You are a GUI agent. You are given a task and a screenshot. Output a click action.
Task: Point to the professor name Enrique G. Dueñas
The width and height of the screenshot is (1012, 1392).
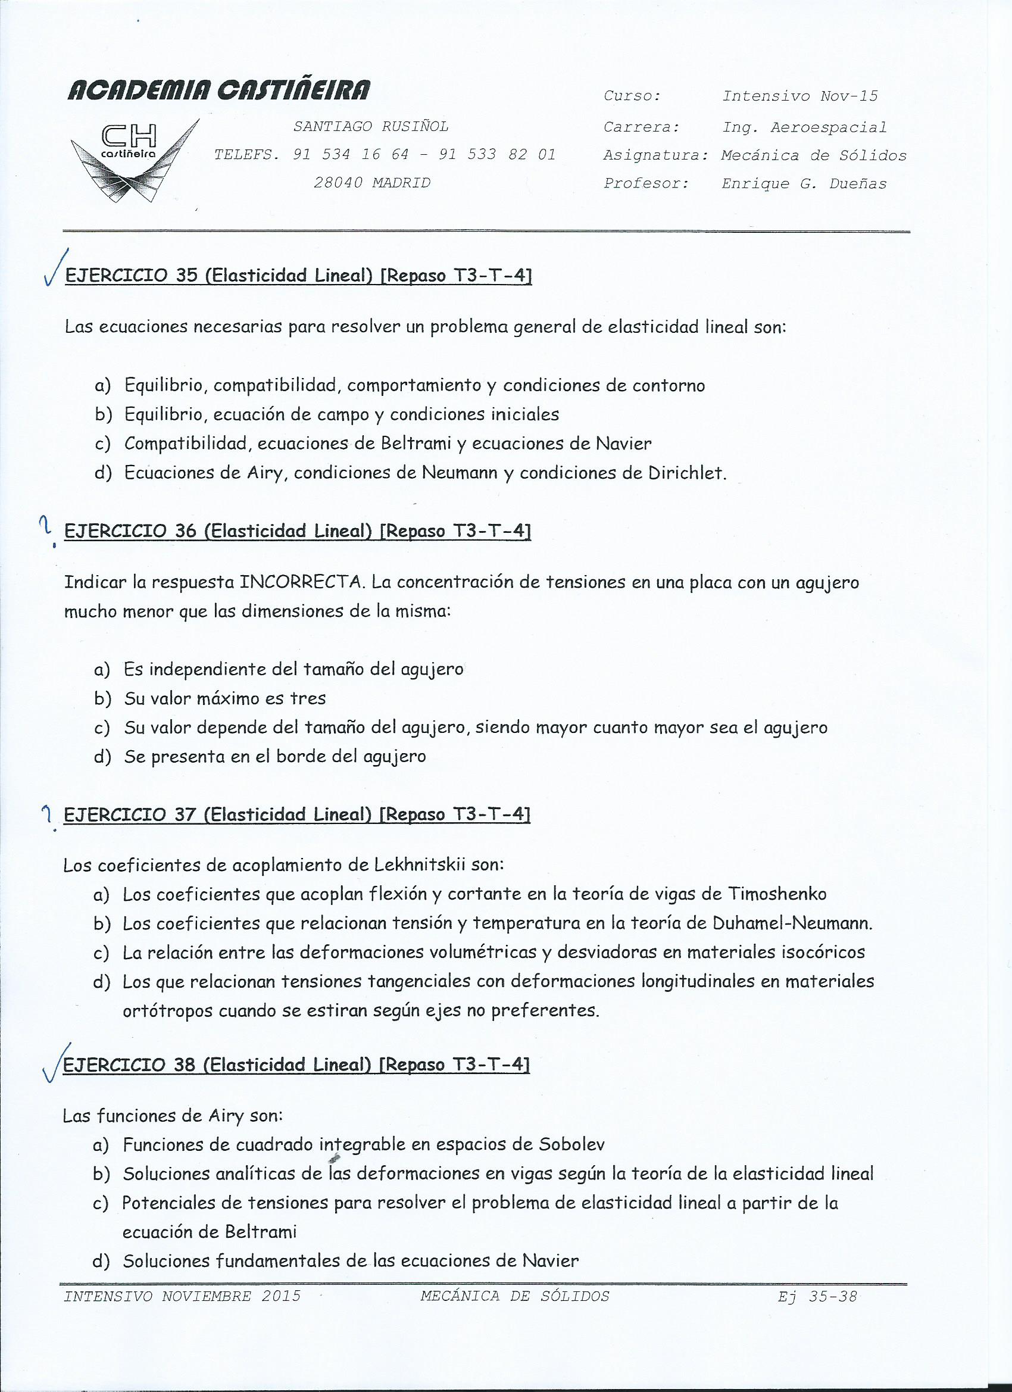pos(804,183)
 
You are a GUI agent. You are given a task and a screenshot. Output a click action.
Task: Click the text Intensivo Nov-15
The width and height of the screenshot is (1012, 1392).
pos(799,96)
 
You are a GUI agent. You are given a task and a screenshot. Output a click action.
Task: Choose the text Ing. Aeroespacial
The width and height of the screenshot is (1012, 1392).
pos(804,127)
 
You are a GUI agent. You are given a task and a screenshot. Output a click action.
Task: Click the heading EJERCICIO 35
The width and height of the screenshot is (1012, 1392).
pos(130,276)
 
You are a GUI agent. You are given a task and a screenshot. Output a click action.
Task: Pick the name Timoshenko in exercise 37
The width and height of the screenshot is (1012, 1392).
pos(777,894)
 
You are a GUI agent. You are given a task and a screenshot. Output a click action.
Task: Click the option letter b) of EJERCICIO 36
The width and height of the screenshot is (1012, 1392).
pos(102,698)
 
